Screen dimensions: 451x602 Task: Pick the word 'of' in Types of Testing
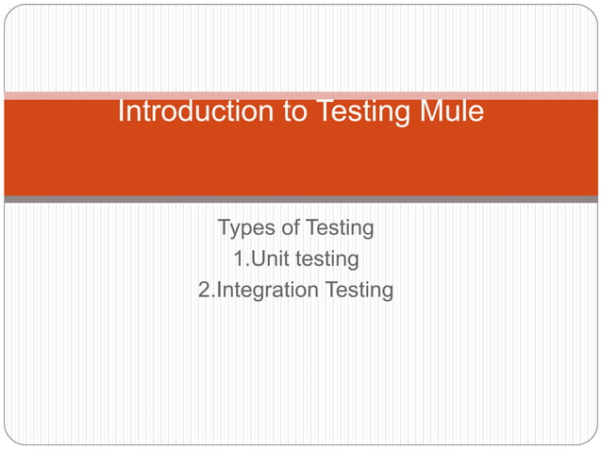point(290,228)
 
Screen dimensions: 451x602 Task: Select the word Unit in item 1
point(265,259)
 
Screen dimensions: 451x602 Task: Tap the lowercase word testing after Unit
point(326,259)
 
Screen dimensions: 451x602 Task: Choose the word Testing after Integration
point(359,290)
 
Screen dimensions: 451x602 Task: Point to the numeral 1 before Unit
point(239,259)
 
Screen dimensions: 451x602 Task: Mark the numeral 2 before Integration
point(205,290)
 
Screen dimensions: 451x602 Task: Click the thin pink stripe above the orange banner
point(301,95)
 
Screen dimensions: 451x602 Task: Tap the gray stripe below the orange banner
point(301,199)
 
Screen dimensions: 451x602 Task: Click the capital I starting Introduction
point(121,112)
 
